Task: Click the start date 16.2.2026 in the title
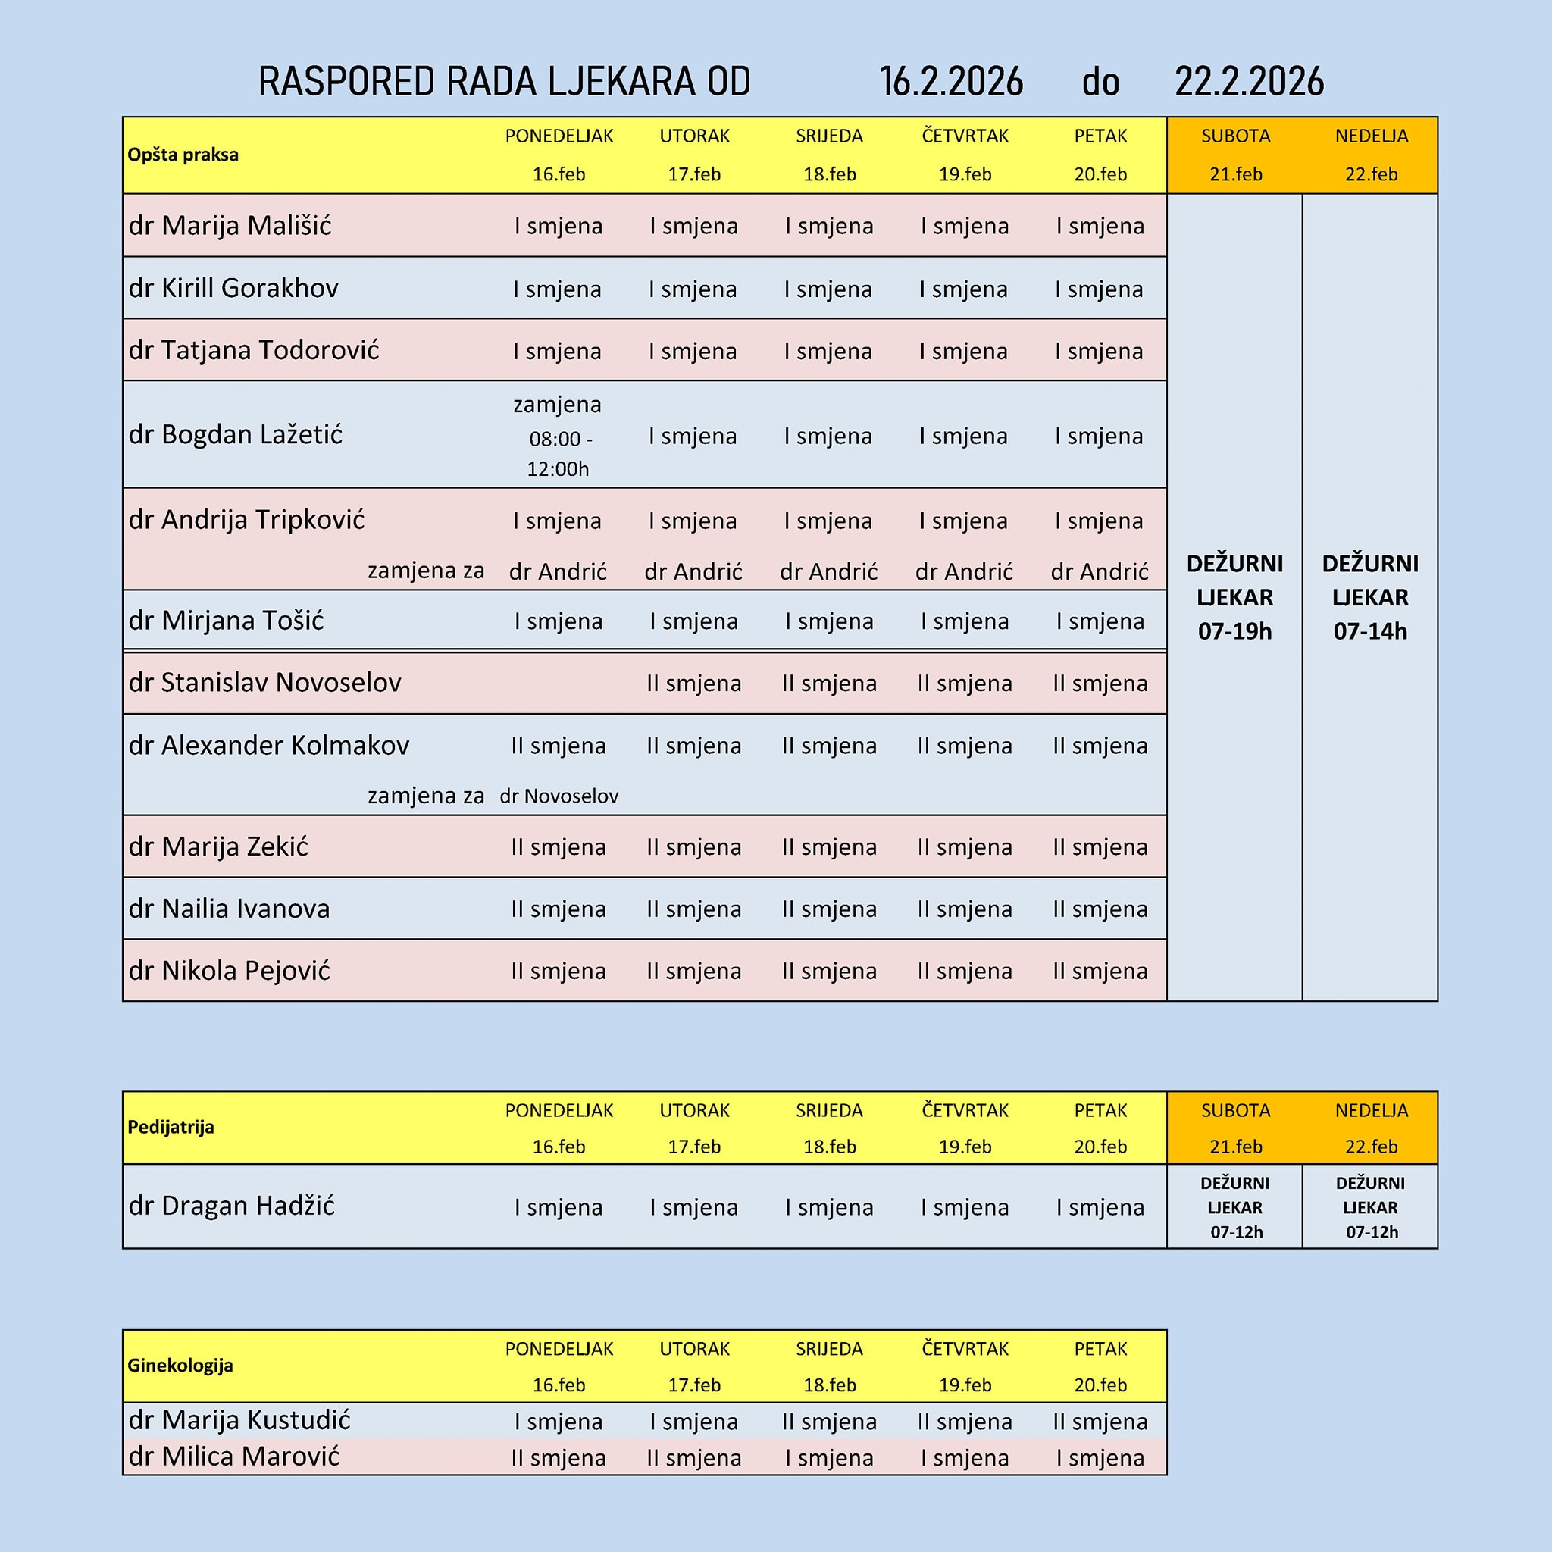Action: click(951, 82)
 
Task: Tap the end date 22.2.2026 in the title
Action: click(1249, 82)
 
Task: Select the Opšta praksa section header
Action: click(183, 155)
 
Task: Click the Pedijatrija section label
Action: click(171, 1127)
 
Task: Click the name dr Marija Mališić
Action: click(230, 226)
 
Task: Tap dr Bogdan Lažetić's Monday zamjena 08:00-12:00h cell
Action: click(559, 436)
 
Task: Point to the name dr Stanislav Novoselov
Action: click(265, 682)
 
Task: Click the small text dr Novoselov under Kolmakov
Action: click(559, 796)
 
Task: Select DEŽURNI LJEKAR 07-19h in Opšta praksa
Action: click(1234, 597)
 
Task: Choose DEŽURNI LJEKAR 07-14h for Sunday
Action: click(1370, 597)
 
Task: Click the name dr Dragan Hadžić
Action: click(231, 1206)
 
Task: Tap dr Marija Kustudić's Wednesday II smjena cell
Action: click(830, 1422)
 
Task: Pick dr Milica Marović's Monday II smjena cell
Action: click(559, 1458)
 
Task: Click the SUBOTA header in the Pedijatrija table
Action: click(1235, 1110)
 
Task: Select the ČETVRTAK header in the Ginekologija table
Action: click(965, 1349)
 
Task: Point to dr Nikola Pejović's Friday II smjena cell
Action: click(1100, 972)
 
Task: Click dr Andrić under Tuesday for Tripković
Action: click(694, 571)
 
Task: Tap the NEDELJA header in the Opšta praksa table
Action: click(1371, 136)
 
